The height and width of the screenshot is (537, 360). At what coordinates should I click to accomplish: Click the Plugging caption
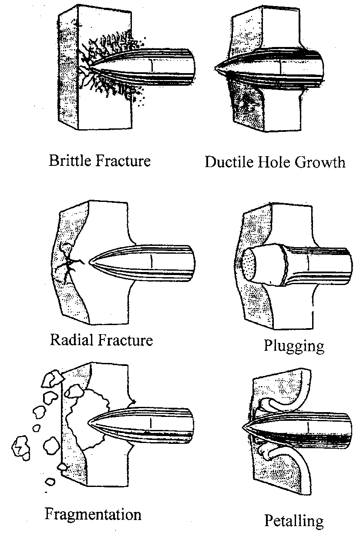pos(294,346)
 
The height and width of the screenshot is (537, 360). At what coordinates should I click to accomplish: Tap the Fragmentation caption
pos(93,514)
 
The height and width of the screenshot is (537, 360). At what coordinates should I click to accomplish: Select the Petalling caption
pos(294,520)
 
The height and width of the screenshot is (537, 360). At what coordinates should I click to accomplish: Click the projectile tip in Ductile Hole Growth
pos(216,68)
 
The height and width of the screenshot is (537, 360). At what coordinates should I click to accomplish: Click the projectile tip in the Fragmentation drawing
pos(89,422)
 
